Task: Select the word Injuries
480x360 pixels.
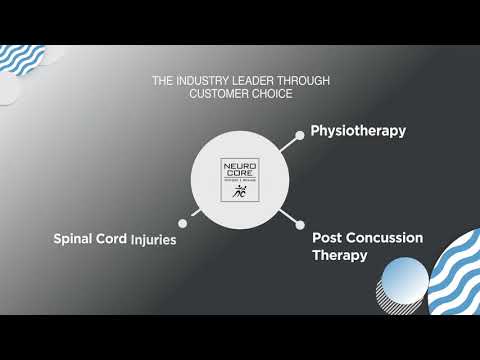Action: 153,240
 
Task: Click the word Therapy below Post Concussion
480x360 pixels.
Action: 339,256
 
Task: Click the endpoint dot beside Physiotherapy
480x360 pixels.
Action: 299,134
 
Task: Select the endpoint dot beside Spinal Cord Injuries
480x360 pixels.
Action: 182,223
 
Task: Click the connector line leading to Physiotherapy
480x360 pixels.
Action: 288,143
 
